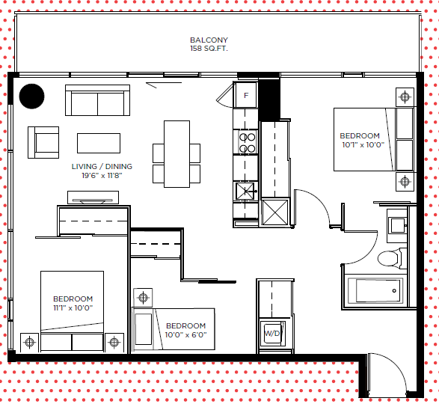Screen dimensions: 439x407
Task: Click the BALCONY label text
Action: click(x=209, y=40)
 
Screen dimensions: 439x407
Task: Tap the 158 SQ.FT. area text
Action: click(x=209, y=49)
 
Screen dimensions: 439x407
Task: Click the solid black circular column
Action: click(x=31, y=96)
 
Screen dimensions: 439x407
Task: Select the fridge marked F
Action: click(x=246, y=95)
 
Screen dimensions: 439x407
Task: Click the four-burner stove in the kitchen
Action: click(x=248, y=143)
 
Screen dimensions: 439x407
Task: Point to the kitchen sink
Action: click(x=245, y=191)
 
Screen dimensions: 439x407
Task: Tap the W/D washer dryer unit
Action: click(x=273, y=334)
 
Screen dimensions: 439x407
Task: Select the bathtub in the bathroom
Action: click(x=375, y=291)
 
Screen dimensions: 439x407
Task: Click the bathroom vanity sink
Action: click(x=398, y=226)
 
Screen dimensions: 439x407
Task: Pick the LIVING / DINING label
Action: click(x=102, y=166)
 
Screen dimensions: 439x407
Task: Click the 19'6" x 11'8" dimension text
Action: click(x=102, y=176)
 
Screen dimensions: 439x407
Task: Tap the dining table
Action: click(x=176, y=154)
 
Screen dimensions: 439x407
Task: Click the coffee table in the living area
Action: click(x=99, y=143)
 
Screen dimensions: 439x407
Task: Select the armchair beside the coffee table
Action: click(x=43, y=142)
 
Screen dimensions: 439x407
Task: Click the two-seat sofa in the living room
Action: click(x=97, y=100)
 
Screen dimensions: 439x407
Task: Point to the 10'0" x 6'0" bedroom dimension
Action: click(x=185, y=334)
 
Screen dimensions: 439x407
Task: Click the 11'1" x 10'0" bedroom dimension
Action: click(x=73, y=307)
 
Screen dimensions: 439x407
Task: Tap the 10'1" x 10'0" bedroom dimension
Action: click(x=363, y=145)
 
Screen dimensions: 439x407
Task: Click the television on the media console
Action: click(x=93, y=201)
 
